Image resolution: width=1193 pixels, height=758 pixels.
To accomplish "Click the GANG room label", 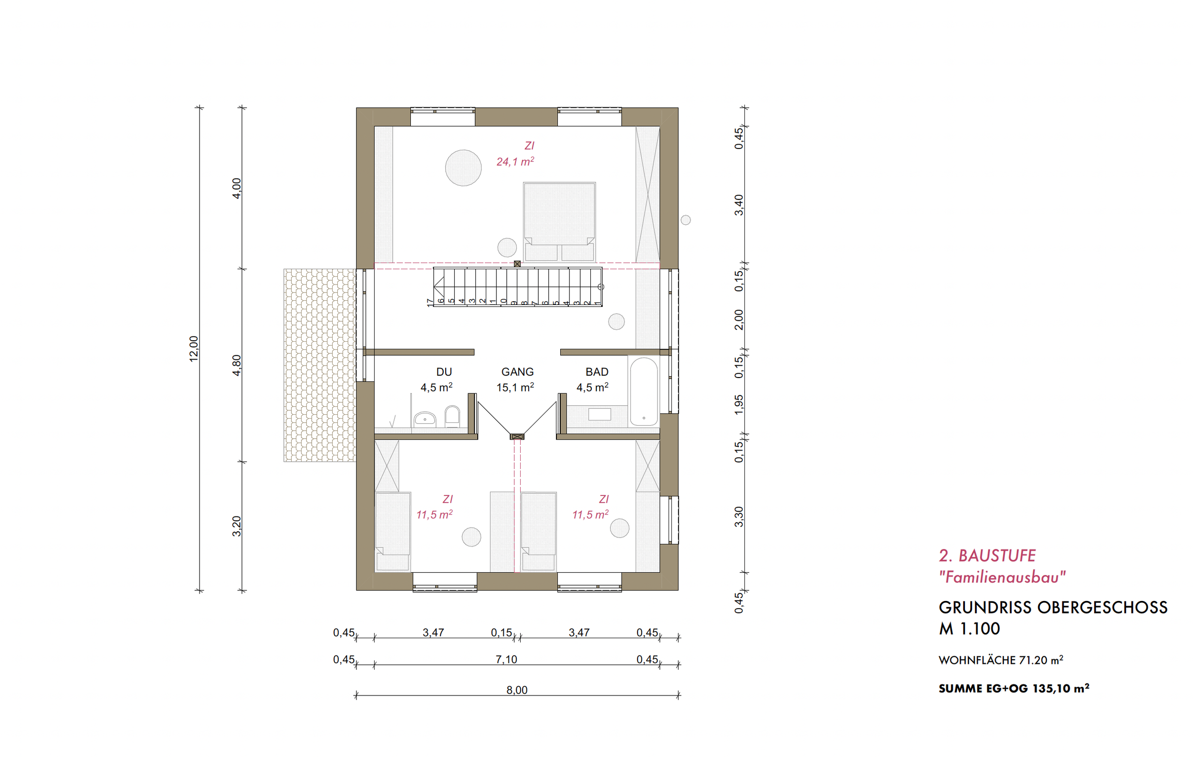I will [517, 371].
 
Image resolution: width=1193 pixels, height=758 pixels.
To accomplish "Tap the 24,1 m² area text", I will [515, 161].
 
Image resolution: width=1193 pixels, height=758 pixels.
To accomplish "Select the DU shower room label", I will [444, 371].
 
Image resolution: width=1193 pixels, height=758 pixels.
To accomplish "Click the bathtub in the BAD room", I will [644, 392].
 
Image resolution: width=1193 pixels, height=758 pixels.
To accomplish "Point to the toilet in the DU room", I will [452, 417].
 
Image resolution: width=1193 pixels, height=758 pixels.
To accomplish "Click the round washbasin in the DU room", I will [425, 419].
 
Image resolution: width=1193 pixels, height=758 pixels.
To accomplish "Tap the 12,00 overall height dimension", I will [194, 349].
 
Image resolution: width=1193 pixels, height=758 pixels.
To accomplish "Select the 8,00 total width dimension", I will [517, 690].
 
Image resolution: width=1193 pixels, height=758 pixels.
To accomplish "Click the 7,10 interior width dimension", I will [506, 659].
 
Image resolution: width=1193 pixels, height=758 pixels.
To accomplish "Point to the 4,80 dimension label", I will [237, 365].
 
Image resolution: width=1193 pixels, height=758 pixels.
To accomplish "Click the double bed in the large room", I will [559, 221].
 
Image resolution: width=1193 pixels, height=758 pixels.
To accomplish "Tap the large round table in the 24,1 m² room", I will [463, 168].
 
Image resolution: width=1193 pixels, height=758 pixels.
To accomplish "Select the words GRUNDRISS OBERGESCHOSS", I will [1053, 607].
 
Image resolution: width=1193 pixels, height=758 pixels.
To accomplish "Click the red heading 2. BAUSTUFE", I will [987, 556].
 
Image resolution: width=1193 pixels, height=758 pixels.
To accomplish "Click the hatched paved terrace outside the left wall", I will [320, 365].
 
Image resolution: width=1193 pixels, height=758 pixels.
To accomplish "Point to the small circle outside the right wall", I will [686, 220].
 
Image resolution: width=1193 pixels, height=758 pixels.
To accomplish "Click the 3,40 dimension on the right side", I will [739, 205].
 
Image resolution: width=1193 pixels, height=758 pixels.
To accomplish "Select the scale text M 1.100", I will [969, 629].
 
